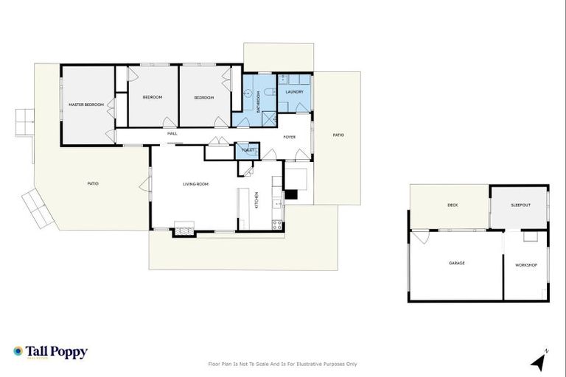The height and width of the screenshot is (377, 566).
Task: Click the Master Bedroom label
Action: [86, 105]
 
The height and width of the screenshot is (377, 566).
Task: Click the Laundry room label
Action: [295, 92]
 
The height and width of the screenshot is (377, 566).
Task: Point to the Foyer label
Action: [289, 136]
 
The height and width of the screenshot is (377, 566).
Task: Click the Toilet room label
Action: [247, 149]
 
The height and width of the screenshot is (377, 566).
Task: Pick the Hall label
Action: [172, 133]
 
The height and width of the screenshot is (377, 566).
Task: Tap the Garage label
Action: [457, 263]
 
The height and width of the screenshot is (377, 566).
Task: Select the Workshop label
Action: [525, 264]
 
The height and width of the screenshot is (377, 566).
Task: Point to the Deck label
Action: [453, 205]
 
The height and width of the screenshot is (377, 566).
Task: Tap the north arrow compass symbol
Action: [539, 361]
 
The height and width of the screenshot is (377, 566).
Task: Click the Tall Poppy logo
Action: [50, 352]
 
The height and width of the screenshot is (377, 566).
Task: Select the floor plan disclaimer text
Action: [283, 364]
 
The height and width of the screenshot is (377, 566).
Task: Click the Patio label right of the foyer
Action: [338, 135]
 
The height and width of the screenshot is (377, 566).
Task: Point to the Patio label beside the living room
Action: [93, 183]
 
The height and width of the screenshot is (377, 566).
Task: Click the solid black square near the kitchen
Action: [291, 195]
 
